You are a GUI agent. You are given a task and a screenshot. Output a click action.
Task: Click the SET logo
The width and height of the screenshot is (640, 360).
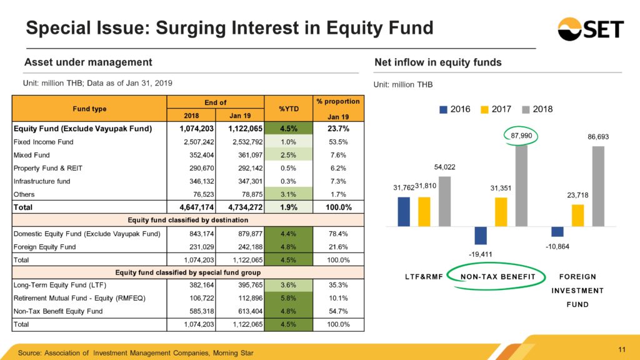(591, 29)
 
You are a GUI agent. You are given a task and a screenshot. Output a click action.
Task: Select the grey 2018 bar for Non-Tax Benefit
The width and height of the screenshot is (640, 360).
(521, 185)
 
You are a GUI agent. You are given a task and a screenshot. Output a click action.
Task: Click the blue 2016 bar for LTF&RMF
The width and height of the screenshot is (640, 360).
(404, 212)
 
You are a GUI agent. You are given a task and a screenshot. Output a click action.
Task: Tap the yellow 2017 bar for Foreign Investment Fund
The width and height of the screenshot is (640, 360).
(577, 216)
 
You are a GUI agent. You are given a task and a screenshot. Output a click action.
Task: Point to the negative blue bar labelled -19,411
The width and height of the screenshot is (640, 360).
(481, 236)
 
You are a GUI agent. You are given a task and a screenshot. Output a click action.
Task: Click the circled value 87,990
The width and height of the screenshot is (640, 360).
(521, 136)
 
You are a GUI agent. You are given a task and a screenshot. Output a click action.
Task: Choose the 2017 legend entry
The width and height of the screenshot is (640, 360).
(496, 109)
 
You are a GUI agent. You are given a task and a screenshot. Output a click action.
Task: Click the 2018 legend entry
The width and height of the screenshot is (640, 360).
(537, 109)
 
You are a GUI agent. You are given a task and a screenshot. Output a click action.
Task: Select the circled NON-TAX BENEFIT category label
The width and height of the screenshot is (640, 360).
(497, 277)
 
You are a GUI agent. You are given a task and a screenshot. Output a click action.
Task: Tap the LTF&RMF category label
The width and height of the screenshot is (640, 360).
(424, 277)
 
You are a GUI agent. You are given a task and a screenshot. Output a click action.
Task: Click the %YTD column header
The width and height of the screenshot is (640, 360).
(289, 109)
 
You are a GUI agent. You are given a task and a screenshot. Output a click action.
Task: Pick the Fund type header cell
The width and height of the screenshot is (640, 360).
(89, 109)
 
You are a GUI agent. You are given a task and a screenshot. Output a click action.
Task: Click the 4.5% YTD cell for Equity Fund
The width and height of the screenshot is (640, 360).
(289, 129)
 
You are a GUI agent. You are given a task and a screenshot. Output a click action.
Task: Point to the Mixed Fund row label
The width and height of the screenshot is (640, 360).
(31, 155)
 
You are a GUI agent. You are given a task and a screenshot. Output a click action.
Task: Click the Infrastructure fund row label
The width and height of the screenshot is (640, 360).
(42, 181)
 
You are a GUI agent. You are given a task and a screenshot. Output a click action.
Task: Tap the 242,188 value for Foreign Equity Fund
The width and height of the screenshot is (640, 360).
(251, 247)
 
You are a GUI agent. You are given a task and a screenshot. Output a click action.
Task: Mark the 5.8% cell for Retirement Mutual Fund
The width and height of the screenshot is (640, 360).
(289, 298)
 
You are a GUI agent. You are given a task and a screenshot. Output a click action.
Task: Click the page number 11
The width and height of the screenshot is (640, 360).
(622, 349)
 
